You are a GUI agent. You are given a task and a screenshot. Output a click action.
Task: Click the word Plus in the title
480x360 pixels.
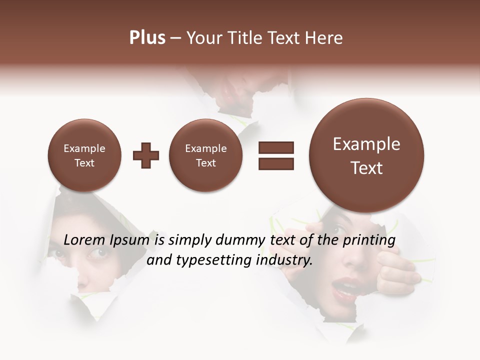[147, 38]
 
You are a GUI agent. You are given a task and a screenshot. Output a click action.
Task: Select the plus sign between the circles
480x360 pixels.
[145, 155]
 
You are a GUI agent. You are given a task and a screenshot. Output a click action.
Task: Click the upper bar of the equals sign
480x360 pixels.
[275, 147]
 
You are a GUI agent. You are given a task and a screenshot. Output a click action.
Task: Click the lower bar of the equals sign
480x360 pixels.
[275, 163]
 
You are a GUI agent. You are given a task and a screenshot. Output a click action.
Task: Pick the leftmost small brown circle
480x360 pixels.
[84, 155]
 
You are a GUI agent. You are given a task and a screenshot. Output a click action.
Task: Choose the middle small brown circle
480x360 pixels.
[205, 155]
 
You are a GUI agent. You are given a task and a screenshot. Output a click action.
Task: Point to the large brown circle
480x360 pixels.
[366, 155]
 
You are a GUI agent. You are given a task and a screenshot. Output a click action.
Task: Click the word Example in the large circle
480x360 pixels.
[366, 144]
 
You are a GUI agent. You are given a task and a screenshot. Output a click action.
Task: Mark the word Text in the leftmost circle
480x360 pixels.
[84, 163]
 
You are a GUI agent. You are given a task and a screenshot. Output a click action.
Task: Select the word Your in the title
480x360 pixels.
[203, 38]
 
